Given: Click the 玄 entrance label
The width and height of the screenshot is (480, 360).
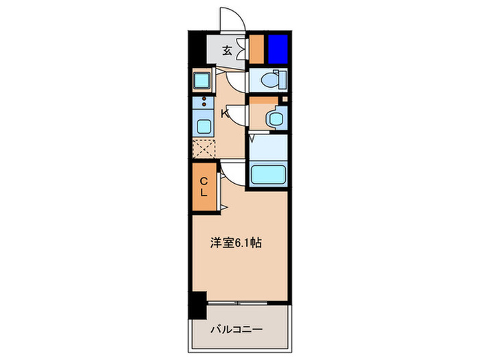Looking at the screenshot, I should [x=228, y=50].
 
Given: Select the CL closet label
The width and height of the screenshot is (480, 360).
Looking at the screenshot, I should [x=204, y=186].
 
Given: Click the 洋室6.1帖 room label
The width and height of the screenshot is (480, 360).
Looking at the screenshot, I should [x=235, y=242].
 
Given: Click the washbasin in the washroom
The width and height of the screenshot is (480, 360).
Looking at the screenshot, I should [x=275, y=119].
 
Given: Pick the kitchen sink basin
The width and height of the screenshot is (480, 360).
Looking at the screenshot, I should [x=204, y=126].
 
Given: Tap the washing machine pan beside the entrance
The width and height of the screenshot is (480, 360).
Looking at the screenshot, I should [x=204, y=82].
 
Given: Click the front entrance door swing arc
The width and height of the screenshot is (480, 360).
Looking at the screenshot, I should [x=231, y=17].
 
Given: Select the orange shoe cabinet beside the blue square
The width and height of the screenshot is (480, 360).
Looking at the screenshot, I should [x=256, y=48].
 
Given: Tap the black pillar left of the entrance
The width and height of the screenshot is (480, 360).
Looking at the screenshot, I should [x=196, y=48].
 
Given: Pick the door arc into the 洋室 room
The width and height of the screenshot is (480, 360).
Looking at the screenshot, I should [x=232, y=173].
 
